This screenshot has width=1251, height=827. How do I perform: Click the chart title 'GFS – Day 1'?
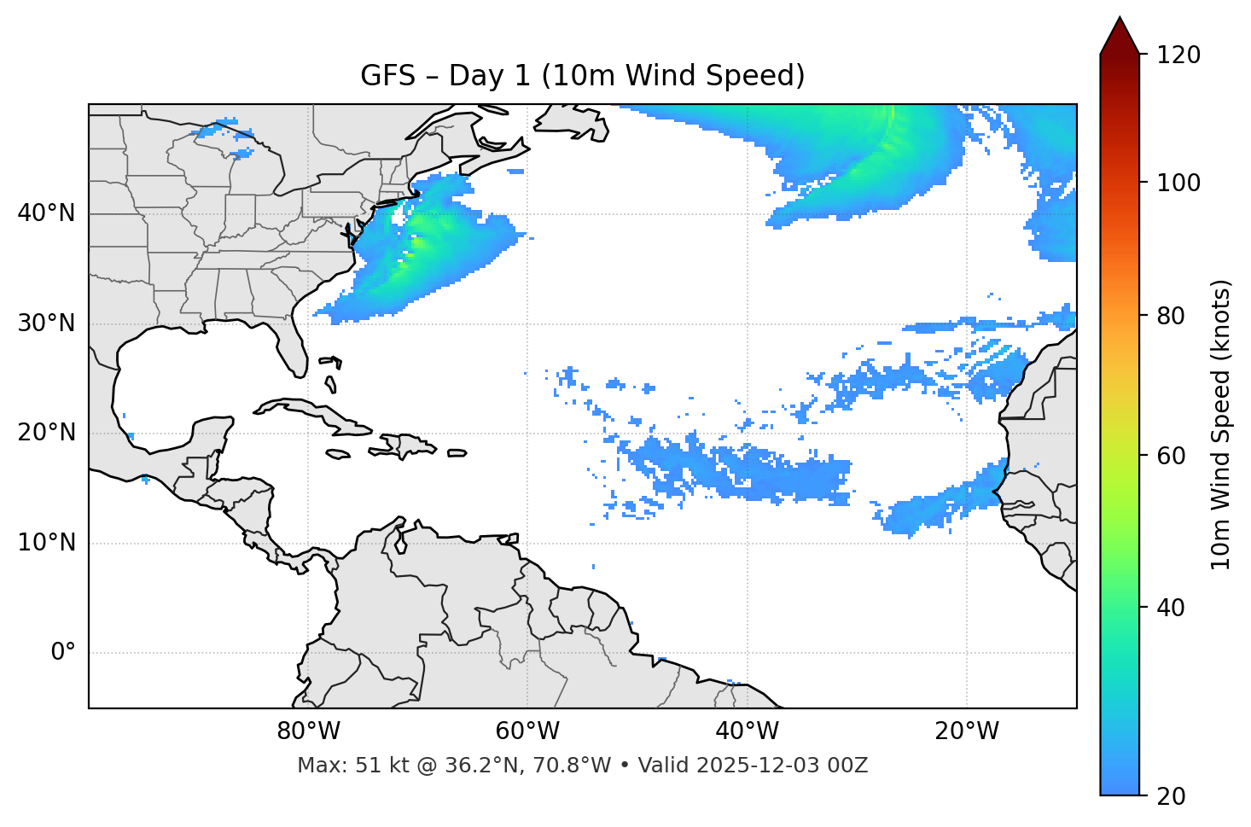click(582, 76)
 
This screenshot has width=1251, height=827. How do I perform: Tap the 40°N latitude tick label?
click(46, 213)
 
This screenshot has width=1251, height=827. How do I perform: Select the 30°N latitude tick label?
click(46, 323)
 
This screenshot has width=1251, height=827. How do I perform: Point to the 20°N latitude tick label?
click(46, 434)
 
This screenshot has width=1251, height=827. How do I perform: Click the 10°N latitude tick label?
click(46, 544)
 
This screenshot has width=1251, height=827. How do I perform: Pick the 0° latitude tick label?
click(63, 653)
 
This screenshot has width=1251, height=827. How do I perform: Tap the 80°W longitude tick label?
click(308, 731)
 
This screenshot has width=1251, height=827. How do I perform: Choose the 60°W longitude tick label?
click(527, 731)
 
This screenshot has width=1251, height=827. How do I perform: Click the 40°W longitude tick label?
click(747, 731)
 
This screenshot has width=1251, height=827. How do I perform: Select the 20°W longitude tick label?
click(966, 731)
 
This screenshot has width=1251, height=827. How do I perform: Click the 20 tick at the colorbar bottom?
click(1172, 796)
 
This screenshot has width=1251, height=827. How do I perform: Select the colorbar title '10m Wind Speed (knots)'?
click(1221, 424)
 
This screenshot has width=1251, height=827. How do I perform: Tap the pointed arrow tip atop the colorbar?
click(1120, 20)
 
